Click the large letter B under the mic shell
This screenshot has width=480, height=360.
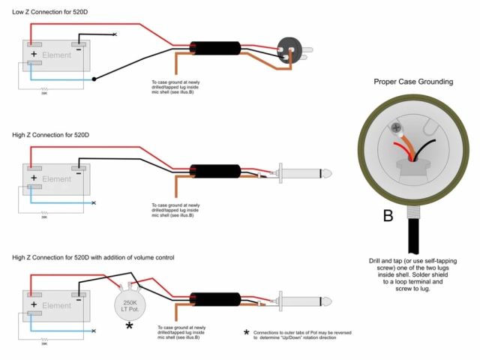(388, 217)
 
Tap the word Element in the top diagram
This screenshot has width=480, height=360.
(56, 56)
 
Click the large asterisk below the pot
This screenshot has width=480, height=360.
(129, 325)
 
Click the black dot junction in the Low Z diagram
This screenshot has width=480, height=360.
(94, 79)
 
